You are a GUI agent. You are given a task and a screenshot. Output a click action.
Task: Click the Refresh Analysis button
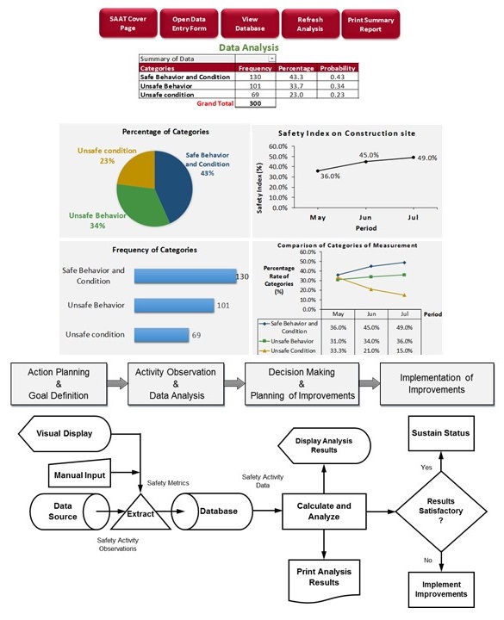point(310,24)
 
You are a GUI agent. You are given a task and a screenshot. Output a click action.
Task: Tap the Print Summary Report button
point(370,24)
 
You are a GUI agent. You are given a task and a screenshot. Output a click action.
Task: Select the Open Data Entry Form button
point(189,24)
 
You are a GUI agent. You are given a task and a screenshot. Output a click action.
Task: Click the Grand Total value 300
point(255,103)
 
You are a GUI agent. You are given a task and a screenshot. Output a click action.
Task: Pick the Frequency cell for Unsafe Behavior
point(255,86)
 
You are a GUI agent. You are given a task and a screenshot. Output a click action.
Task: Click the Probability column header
point(338,68)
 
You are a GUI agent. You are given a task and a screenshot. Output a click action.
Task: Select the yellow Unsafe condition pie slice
point(137,169)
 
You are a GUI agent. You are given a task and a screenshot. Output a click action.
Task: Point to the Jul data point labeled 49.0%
point(414,158)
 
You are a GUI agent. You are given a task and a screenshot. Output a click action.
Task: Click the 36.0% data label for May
point(330,177)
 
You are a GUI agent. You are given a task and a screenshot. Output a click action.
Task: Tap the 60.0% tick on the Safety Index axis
point(278,146)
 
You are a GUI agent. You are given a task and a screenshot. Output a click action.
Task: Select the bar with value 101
point(174,305)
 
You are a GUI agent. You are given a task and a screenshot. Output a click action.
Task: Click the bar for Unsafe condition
point(161,335)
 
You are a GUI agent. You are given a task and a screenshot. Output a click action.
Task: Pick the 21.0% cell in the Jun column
point(371,350)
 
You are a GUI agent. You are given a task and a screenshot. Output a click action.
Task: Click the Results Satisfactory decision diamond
point(441,512)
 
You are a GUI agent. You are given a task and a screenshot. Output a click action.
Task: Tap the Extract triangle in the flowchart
point(140,514)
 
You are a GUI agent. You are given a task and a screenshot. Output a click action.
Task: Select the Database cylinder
point(212,512)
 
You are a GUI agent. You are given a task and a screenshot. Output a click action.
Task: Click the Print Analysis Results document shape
point(324,579)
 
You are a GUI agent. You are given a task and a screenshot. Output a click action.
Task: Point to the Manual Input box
point(79,474)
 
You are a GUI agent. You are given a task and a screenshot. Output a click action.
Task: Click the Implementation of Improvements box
point(437,384)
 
